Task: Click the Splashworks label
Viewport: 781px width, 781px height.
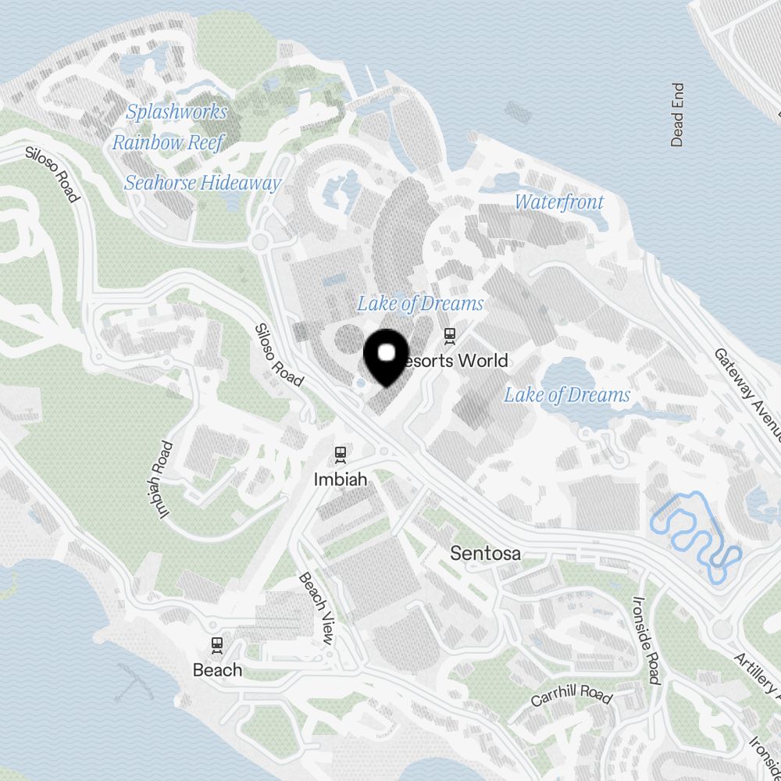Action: coord(177,112)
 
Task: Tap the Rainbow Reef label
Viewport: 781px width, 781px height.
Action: coord(168,142)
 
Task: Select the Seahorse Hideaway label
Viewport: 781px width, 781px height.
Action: coord(202,183)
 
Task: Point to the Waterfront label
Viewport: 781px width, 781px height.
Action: coord(559,201)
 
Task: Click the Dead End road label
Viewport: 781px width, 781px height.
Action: coord(677,115)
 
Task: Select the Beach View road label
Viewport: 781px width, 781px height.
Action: coord(316,608)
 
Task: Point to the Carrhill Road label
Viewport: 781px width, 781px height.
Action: coord(571,691)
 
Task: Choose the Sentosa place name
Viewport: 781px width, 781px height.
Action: coord(486,554)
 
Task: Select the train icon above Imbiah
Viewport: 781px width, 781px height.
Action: coord(340,454)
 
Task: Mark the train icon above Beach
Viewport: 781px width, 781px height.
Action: coord(217,645)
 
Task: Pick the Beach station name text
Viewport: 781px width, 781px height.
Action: coord(217,670)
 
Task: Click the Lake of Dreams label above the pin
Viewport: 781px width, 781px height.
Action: coord(420,303)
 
